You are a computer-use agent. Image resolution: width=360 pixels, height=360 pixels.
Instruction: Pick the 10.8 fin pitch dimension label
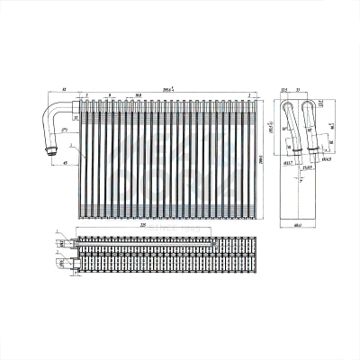(137, 94)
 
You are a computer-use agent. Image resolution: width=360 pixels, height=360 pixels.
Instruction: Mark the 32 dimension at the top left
(52, 89)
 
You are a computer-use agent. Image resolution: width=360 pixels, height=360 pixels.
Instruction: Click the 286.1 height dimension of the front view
(260, 157)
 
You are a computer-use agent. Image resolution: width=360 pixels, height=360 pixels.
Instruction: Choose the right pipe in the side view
(307, 126)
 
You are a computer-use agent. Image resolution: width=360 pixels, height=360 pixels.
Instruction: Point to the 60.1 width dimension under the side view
(298, 227)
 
